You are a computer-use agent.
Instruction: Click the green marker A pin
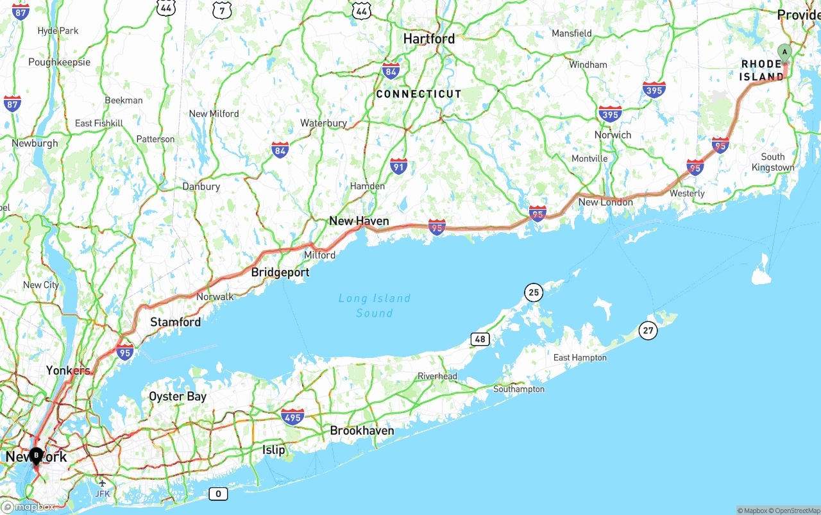784,52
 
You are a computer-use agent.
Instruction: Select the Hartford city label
428,39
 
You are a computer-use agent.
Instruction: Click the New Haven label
359,221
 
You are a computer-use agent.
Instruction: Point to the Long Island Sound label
374,306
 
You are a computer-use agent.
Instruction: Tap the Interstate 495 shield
292,417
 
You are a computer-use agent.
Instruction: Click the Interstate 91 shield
398,165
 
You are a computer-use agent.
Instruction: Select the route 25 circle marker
533,293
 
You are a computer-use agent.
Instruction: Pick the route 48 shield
480,339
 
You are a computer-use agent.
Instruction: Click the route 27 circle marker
648,331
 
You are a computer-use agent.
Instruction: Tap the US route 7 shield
222,10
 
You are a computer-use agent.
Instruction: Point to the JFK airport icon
102,483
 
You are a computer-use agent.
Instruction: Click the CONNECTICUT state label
418,94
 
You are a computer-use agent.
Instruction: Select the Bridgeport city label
280,273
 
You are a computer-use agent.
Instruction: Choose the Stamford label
175,322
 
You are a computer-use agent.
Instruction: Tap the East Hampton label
579,357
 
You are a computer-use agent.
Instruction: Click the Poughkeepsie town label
59,62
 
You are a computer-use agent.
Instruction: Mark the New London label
605,202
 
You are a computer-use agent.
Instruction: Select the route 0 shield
218,493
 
